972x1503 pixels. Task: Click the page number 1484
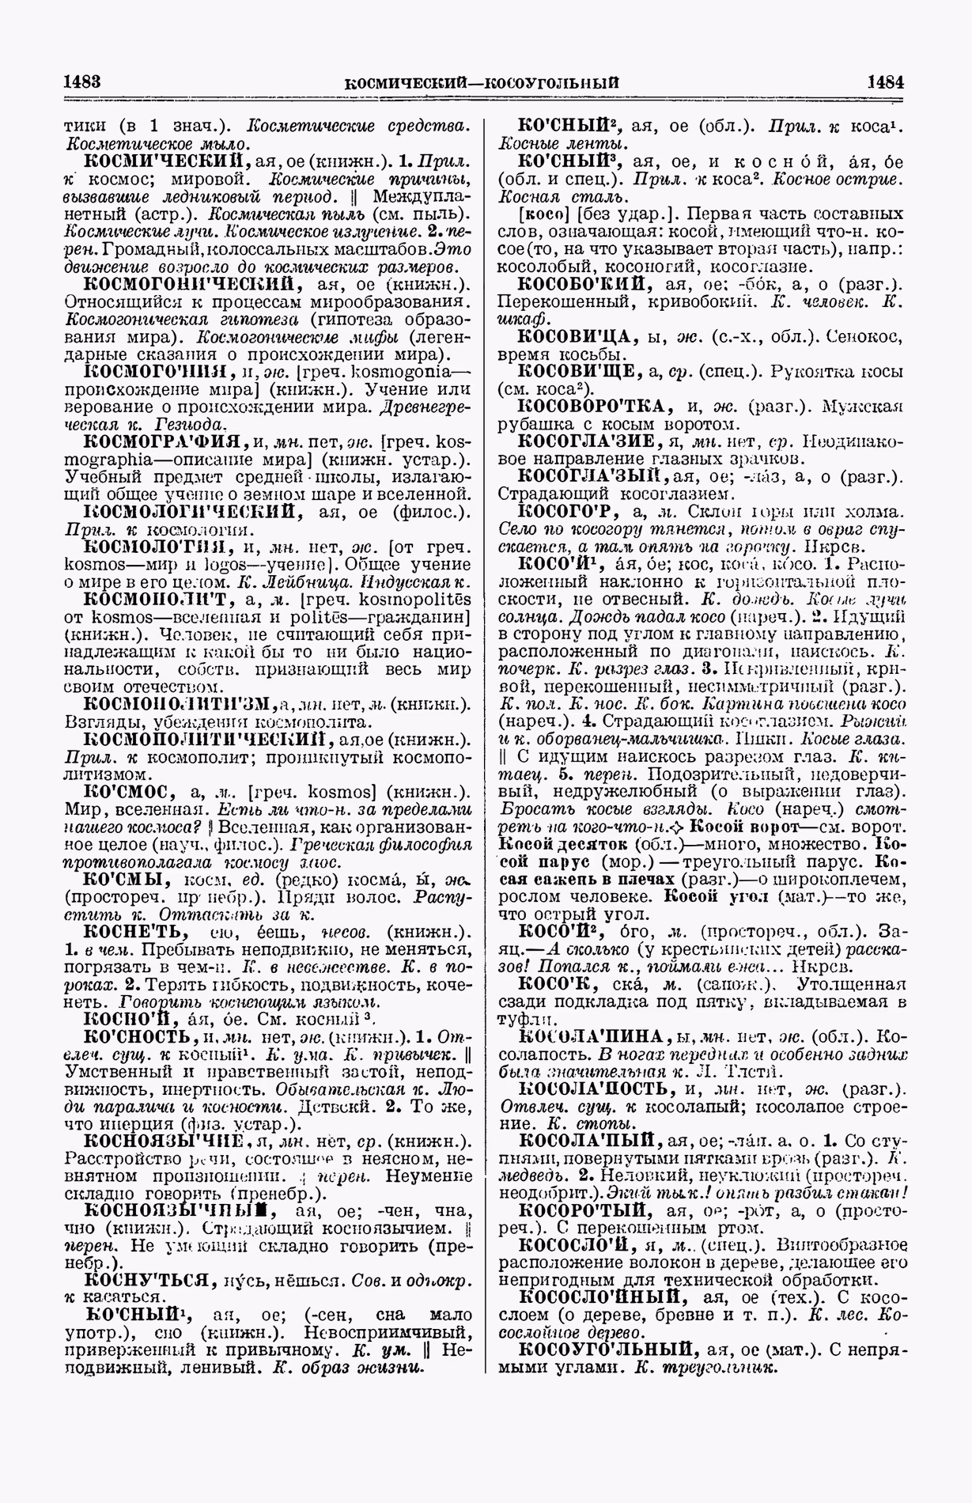[886, 81]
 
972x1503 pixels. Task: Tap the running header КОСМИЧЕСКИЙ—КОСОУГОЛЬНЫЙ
[483, 82]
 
